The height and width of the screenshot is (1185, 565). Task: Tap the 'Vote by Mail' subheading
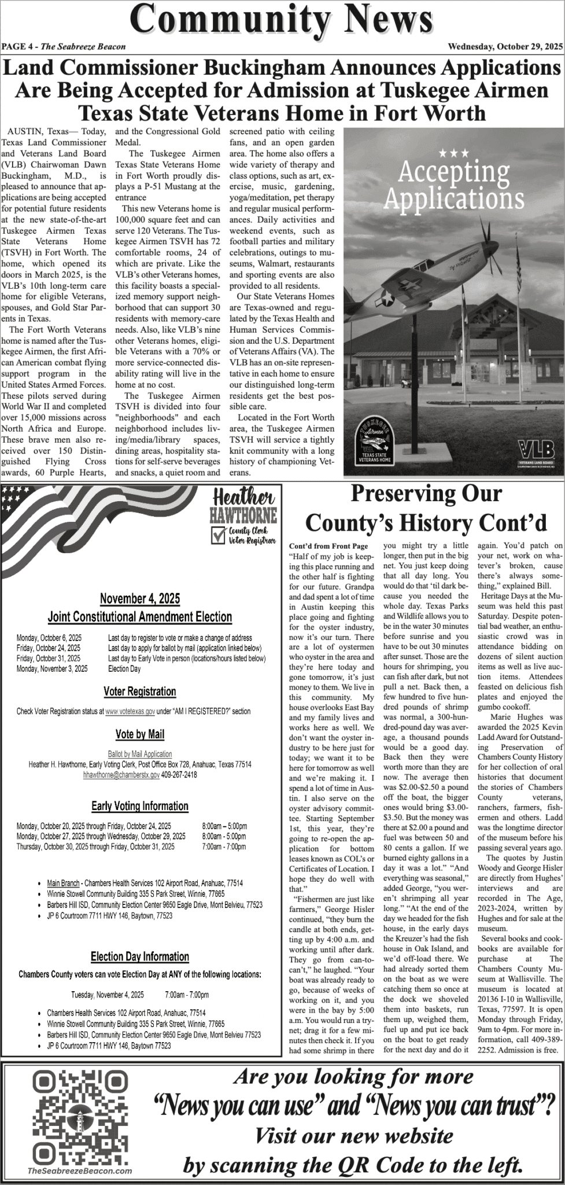point(140,734)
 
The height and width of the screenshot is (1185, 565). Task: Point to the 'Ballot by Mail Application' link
point(140,754)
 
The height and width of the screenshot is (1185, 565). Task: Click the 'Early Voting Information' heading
point(140,806)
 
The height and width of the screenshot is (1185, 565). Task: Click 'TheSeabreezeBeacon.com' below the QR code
point(79,1166)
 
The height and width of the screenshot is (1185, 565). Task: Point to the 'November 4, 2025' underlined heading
point(140,598)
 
